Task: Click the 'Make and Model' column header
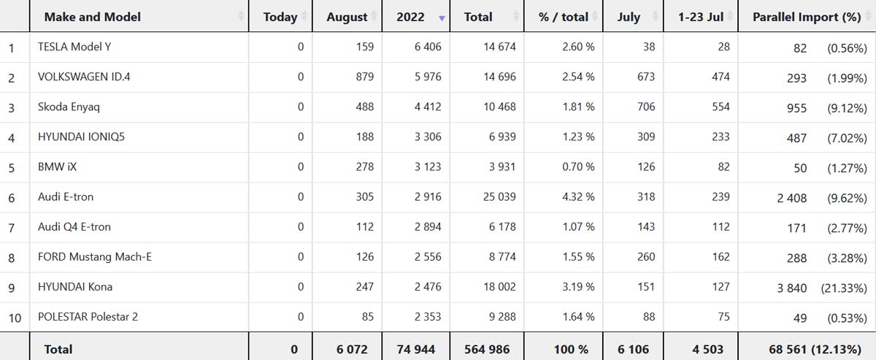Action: point(92,17)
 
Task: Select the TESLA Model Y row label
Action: point(74,47)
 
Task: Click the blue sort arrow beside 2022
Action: point(441,18)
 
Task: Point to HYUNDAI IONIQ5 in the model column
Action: point(81,137)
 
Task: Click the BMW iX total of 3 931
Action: point(500,167)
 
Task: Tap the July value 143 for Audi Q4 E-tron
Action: point(645,227)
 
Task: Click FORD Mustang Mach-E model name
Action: point(94,257)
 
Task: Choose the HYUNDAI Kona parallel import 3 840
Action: point(791,288)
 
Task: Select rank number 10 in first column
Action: point(14,318)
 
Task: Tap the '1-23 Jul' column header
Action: point(700,17)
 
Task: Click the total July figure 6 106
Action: point(633,349)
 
